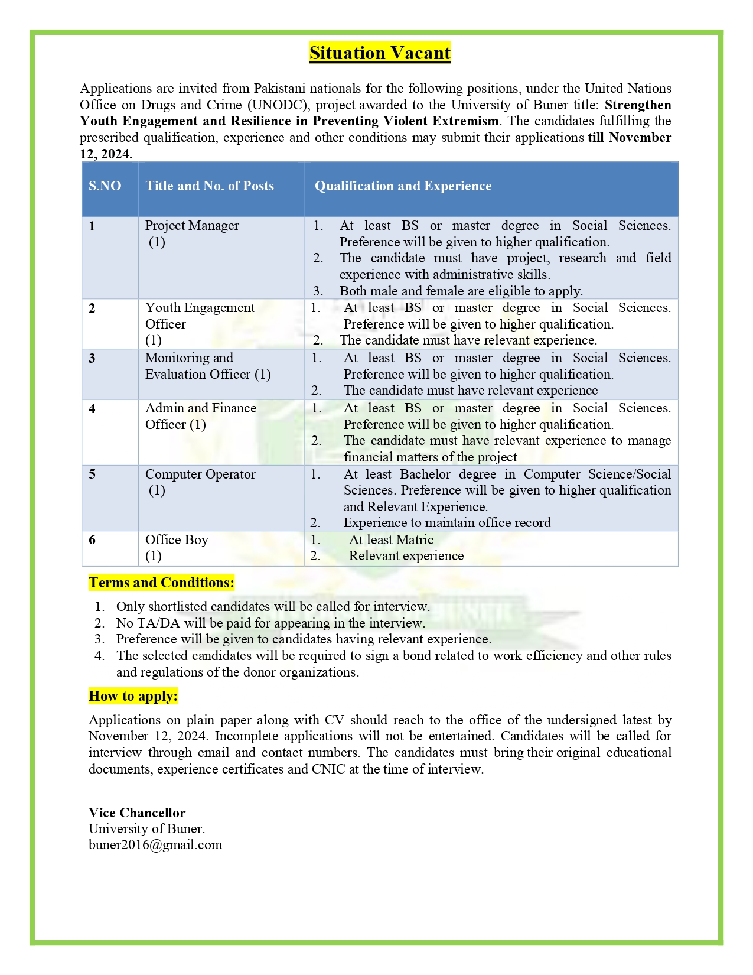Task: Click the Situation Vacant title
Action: tap(380, 53)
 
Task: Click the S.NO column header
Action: tap(105, 186)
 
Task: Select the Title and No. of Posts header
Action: tap(210, 186)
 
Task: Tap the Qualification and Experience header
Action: tap(403, 186)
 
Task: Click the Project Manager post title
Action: tap(192, 226)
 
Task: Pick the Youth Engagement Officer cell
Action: tap(200, 316)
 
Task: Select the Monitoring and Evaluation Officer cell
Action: tap(207, 366)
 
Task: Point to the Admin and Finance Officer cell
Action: tap(200, 416)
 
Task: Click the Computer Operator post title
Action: tap(200, 474)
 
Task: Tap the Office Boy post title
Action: tap(177, 540)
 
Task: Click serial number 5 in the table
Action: tap(92, 474)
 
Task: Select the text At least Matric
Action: tap(391, 540)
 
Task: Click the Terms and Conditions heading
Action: tap(161, 583)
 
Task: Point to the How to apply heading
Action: tap(133, 696)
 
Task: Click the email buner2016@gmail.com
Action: tap(155, 844)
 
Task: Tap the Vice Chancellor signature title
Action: tap(137, 813)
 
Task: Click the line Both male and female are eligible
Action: tap(461, 291)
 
